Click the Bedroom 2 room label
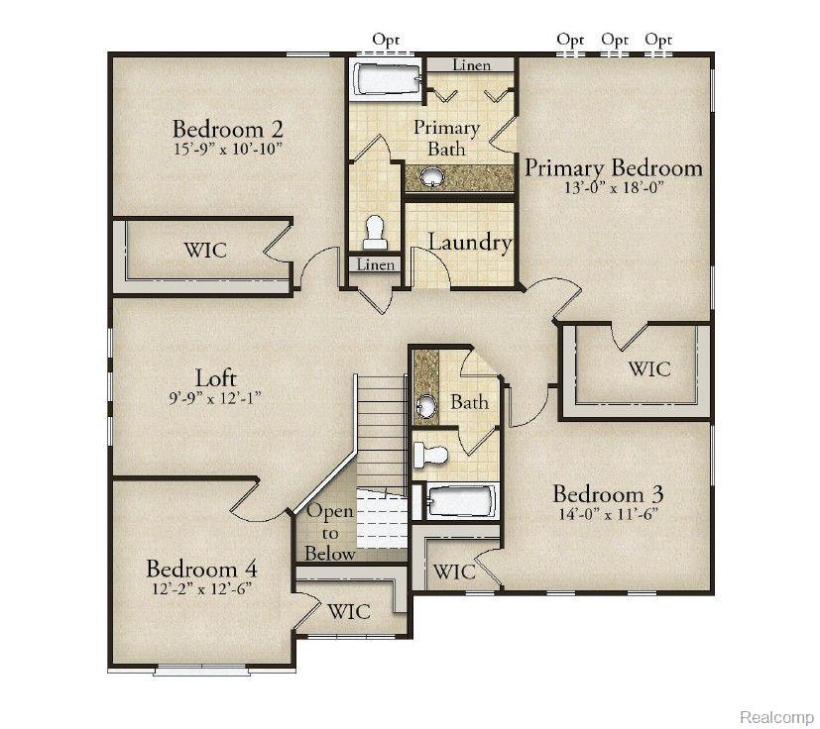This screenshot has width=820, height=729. pyautogui.click(x=227, y=129)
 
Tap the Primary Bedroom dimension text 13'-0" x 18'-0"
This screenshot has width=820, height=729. pyautogui.click(x=614, y=187)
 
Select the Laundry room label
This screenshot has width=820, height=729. pyautogui.click(x=470, y=243)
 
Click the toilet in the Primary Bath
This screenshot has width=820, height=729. pyautogui.click(x=375, y=233)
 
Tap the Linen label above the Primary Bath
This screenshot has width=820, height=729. pyautogui.click(x=472, y=65)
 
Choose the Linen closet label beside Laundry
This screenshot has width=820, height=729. pyautogui.click(x=376, y=264)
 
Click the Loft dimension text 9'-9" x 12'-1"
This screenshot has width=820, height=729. pyautogui.click(x=214, y=399)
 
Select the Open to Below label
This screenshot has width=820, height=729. pyautogui.click(x=330, y=533)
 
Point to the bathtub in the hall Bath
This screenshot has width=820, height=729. pyautogui.click(x=461, y=501)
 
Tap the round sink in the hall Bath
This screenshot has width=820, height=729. pyautogui.click(x=427, y=404)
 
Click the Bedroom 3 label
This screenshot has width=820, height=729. pyautogui.click(x=608, y=494)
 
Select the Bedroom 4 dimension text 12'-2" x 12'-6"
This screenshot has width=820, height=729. pyautogui.click(x=202, y=589)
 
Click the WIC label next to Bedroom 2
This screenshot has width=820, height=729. pyautogui.click(x=205, y=250)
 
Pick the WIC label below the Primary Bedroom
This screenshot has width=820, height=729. pyautogui.click(x=649, y=368)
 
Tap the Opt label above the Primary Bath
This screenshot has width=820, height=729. pyautogui.click(x=386, y=40)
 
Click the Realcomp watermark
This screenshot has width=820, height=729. pyautogui.click(x=776, y=716)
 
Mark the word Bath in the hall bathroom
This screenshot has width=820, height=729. pyautogui.click(x=470, y=402)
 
